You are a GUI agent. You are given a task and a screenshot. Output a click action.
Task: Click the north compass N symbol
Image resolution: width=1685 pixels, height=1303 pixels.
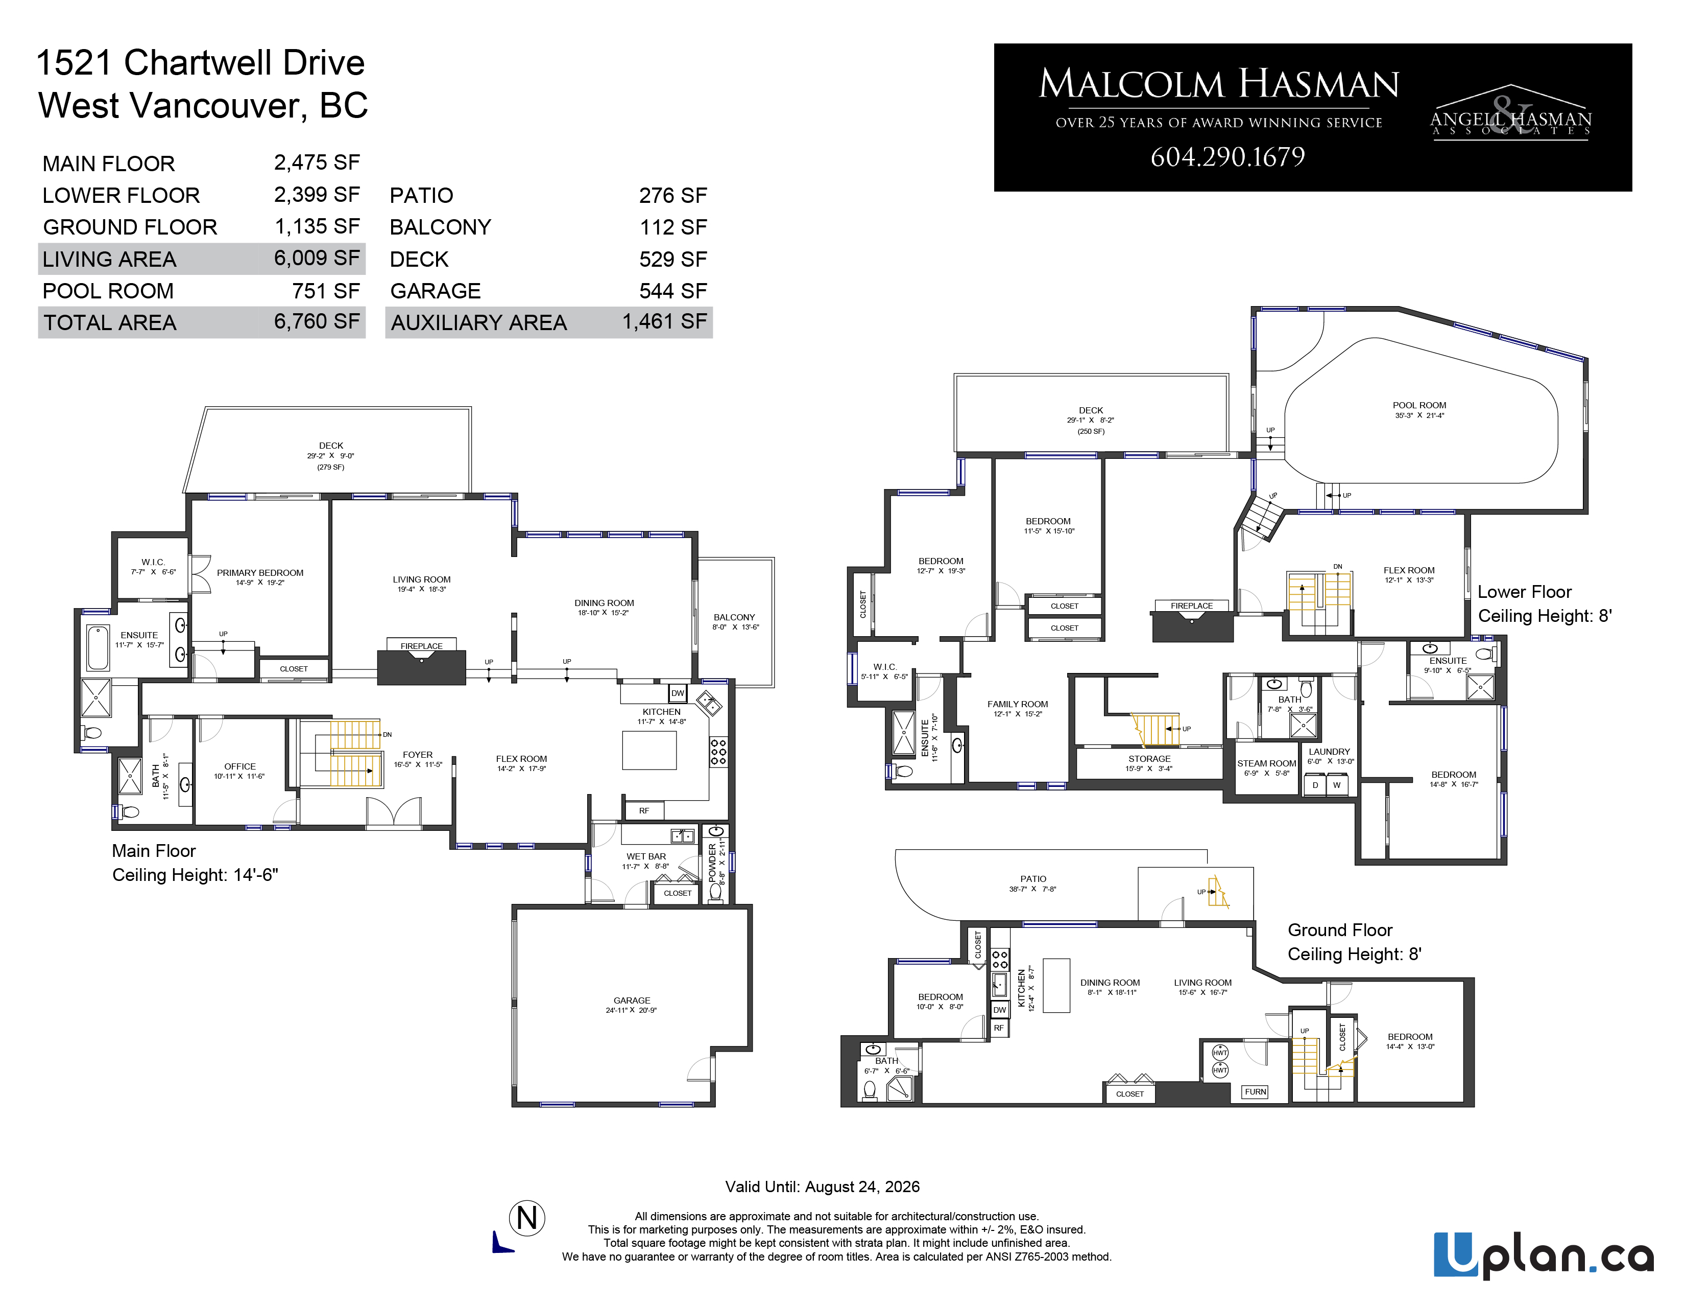527,1218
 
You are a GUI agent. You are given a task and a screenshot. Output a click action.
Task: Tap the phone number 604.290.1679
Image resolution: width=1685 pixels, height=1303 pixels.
1227,157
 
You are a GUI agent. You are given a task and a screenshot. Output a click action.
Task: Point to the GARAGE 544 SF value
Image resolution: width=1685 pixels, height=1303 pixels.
673,291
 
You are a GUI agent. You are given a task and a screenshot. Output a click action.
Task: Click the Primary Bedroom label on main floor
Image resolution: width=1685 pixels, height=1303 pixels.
260,573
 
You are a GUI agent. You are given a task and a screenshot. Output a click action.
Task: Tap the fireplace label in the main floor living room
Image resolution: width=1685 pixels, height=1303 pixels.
421,646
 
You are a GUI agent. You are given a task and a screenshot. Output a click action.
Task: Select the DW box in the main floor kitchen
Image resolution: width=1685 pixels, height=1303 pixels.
678,693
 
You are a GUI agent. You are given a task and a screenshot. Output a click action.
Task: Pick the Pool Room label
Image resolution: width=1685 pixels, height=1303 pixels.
1419,405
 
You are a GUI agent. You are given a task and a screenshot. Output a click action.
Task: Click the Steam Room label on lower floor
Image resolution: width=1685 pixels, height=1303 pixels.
1267,763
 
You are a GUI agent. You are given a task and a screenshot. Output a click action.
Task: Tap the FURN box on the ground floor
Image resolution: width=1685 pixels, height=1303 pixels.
1255,1091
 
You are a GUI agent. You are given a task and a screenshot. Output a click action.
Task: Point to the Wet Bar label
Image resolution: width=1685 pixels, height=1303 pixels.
646,856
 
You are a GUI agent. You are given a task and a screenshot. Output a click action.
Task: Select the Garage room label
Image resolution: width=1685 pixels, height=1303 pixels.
632,1000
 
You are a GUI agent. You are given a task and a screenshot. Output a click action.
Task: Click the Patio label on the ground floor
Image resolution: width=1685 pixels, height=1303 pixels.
1033,878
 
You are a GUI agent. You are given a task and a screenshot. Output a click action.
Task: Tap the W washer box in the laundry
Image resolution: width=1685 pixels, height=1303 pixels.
1336,785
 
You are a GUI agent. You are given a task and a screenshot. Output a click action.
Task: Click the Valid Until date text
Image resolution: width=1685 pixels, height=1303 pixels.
823,1186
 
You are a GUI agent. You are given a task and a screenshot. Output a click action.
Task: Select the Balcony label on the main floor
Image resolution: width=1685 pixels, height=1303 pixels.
734,618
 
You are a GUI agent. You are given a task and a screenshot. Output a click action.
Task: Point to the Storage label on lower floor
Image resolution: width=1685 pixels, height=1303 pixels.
1149,759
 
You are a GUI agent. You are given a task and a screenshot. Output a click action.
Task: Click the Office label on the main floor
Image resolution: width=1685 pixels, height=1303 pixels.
240,766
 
